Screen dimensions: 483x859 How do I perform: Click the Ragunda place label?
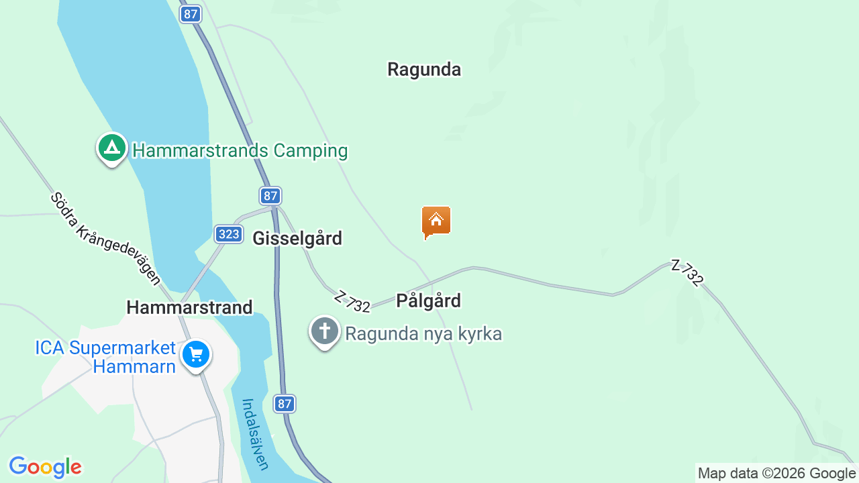click(424, 69)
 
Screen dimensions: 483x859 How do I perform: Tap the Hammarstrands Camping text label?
click(240, 150)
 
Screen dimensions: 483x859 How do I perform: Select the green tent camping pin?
click(112, 148)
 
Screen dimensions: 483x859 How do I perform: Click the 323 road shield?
click(229, 234)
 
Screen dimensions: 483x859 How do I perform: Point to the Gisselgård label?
click(297, 238)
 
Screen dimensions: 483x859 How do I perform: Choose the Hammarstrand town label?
click(189, 307)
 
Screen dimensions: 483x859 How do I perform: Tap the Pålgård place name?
click(428, 301)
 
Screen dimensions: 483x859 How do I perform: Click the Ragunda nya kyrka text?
click(423, 333)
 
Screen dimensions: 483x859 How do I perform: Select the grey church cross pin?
click(325, 331)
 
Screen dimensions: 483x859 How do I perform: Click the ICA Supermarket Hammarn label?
click(105, 357)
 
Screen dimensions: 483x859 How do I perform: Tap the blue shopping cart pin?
click(196, 354)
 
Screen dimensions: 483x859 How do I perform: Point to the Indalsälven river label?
click(255, 434)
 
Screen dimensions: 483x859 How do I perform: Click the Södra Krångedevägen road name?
click(105, 238)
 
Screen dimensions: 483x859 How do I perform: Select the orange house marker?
click(436, 221)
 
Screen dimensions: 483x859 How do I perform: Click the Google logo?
click(45, 466)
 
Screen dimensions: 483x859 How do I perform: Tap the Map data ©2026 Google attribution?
click(776, 474)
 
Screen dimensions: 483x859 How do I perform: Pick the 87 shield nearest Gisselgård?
click(270, 196)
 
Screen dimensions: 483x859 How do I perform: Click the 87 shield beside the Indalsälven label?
click(285, 404)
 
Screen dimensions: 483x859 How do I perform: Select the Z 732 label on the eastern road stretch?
click(688, 273)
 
